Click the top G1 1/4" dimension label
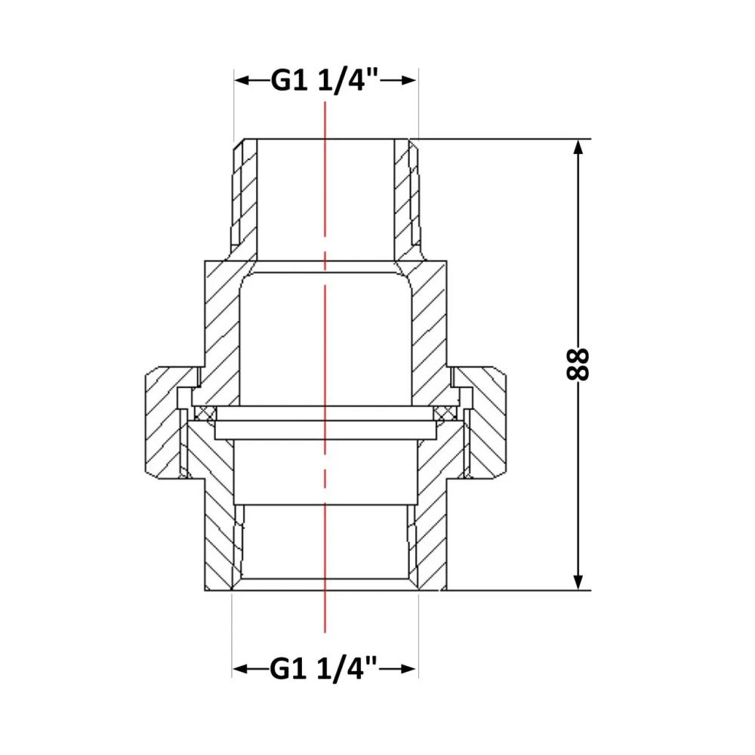325,80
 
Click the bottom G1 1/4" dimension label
324,668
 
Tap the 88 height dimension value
578,365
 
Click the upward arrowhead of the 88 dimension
579,147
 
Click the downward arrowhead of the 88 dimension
579,582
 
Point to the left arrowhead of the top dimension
242,81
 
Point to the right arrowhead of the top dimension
408,81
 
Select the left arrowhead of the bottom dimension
241,669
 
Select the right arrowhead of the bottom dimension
408,669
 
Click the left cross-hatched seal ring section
205,413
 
